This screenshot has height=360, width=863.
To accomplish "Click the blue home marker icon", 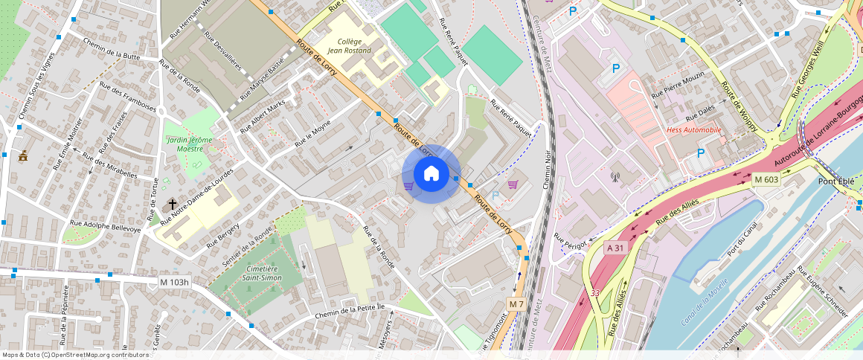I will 431,174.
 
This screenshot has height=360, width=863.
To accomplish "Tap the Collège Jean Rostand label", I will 355,46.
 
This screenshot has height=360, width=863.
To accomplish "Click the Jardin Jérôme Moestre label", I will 190,144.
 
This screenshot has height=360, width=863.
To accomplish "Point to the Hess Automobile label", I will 693,129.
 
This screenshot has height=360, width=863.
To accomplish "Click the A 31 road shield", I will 615,248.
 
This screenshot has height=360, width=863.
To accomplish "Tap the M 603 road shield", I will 766,179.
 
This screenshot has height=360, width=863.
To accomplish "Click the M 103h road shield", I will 175,282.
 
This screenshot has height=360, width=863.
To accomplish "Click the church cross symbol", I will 173,203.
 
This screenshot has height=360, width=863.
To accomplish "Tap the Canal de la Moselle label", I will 705,306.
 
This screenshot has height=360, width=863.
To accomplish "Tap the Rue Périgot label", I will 571,242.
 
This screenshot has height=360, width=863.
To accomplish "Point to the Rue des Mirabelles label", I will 110,167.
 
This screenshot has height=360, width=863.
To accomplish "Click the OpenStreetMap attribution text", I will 75,355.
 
